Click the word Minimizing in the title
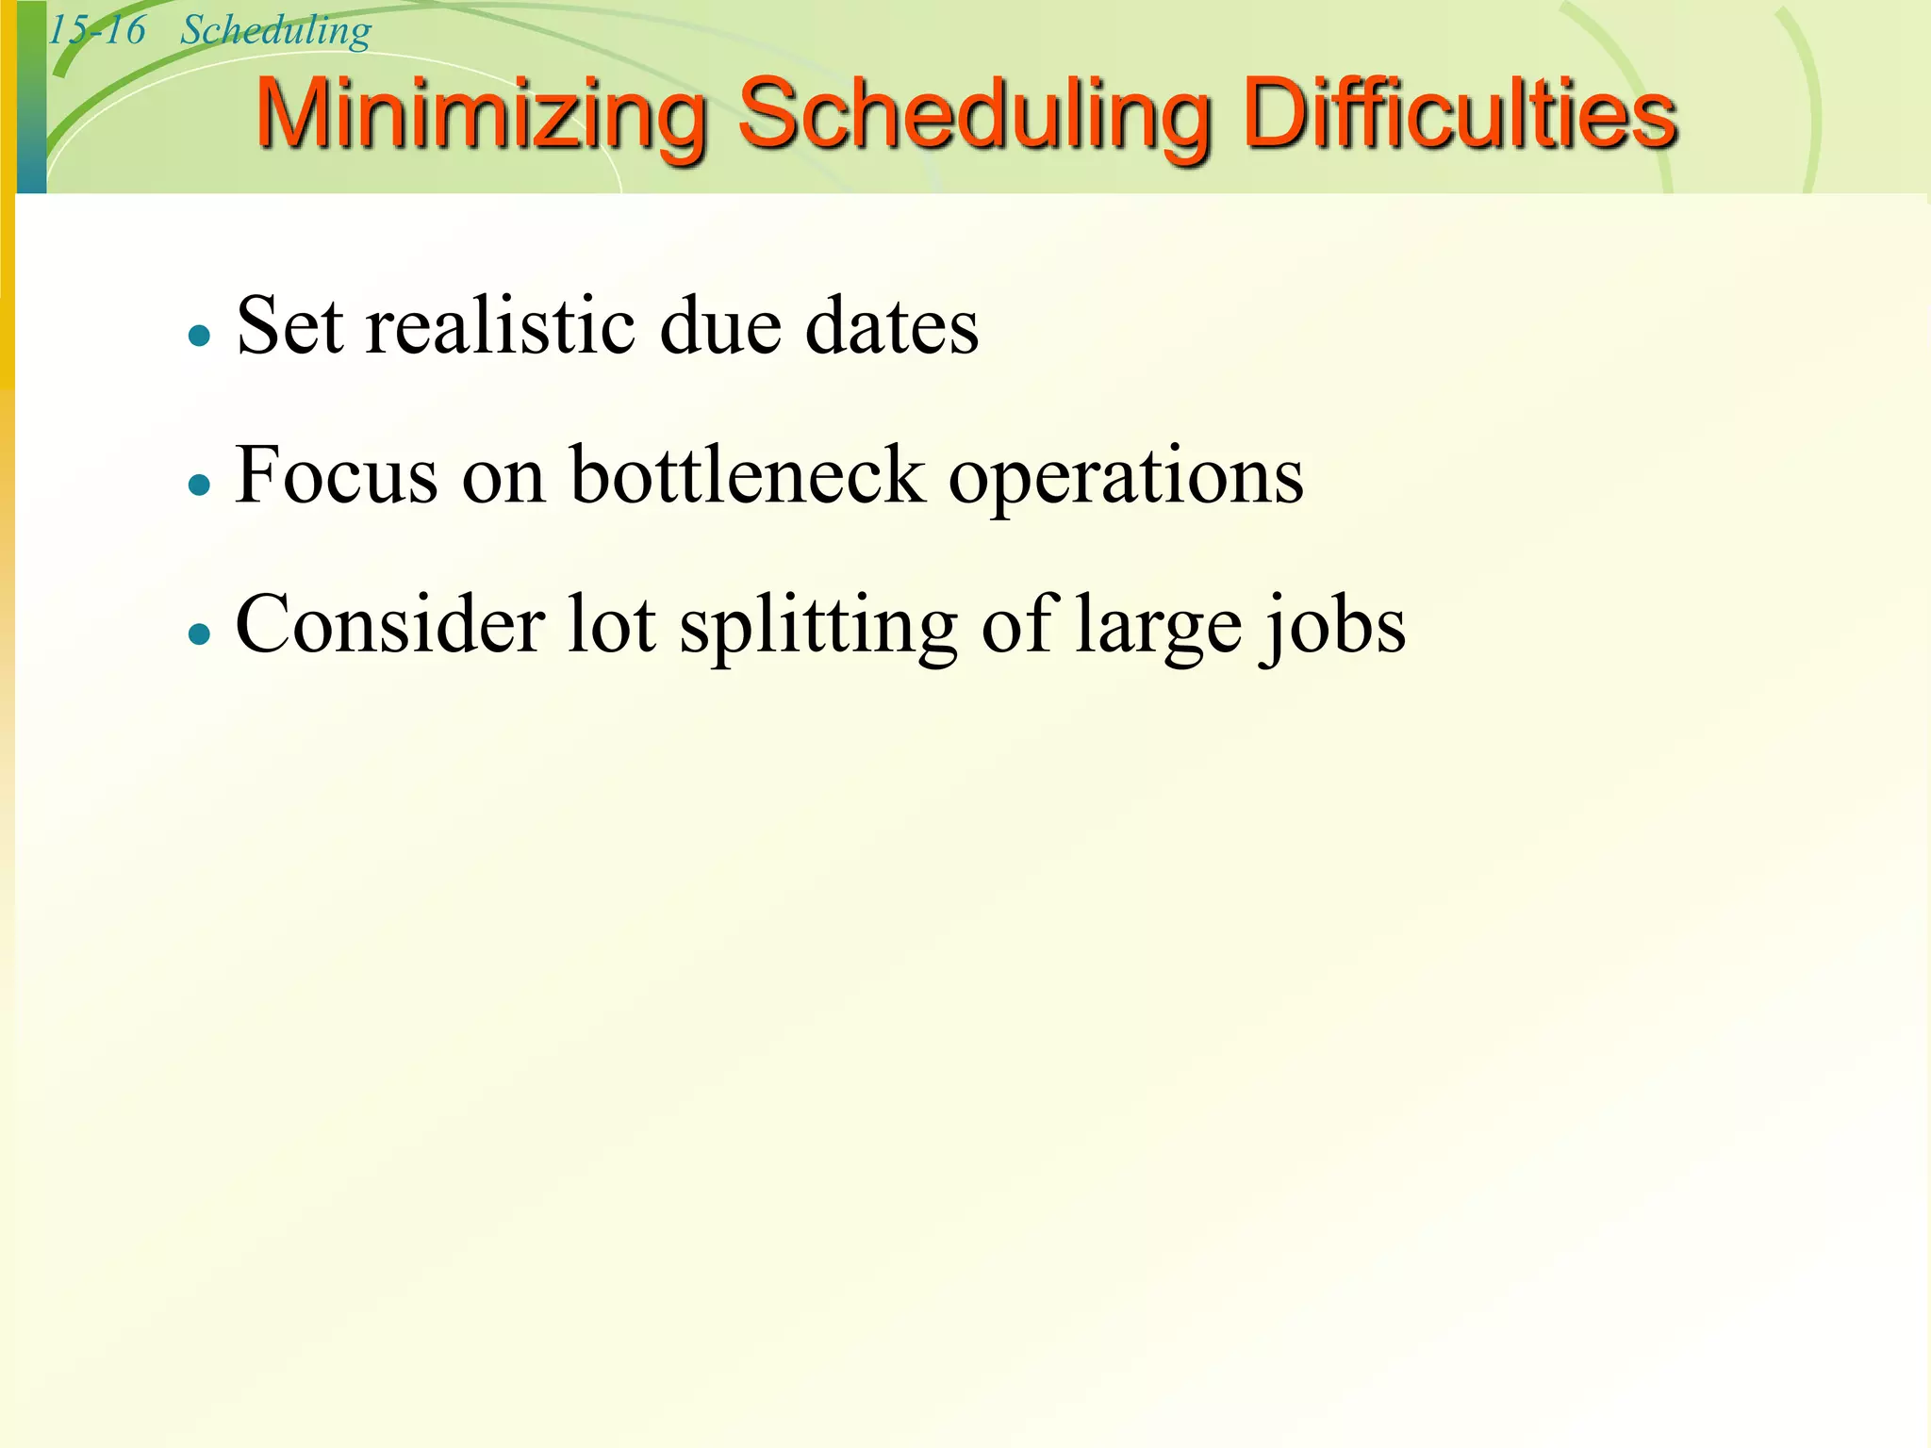481,115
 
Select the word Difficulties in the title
1460,115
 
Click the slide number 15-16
97,30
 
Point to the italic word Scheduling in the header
275,30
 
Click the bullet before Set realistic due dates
199,335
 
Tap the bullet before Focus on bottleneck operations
199,485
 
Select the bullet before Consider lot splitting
199,633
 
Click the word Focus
336,475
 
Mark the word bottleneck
748,475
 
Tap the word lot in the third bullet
612,624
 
